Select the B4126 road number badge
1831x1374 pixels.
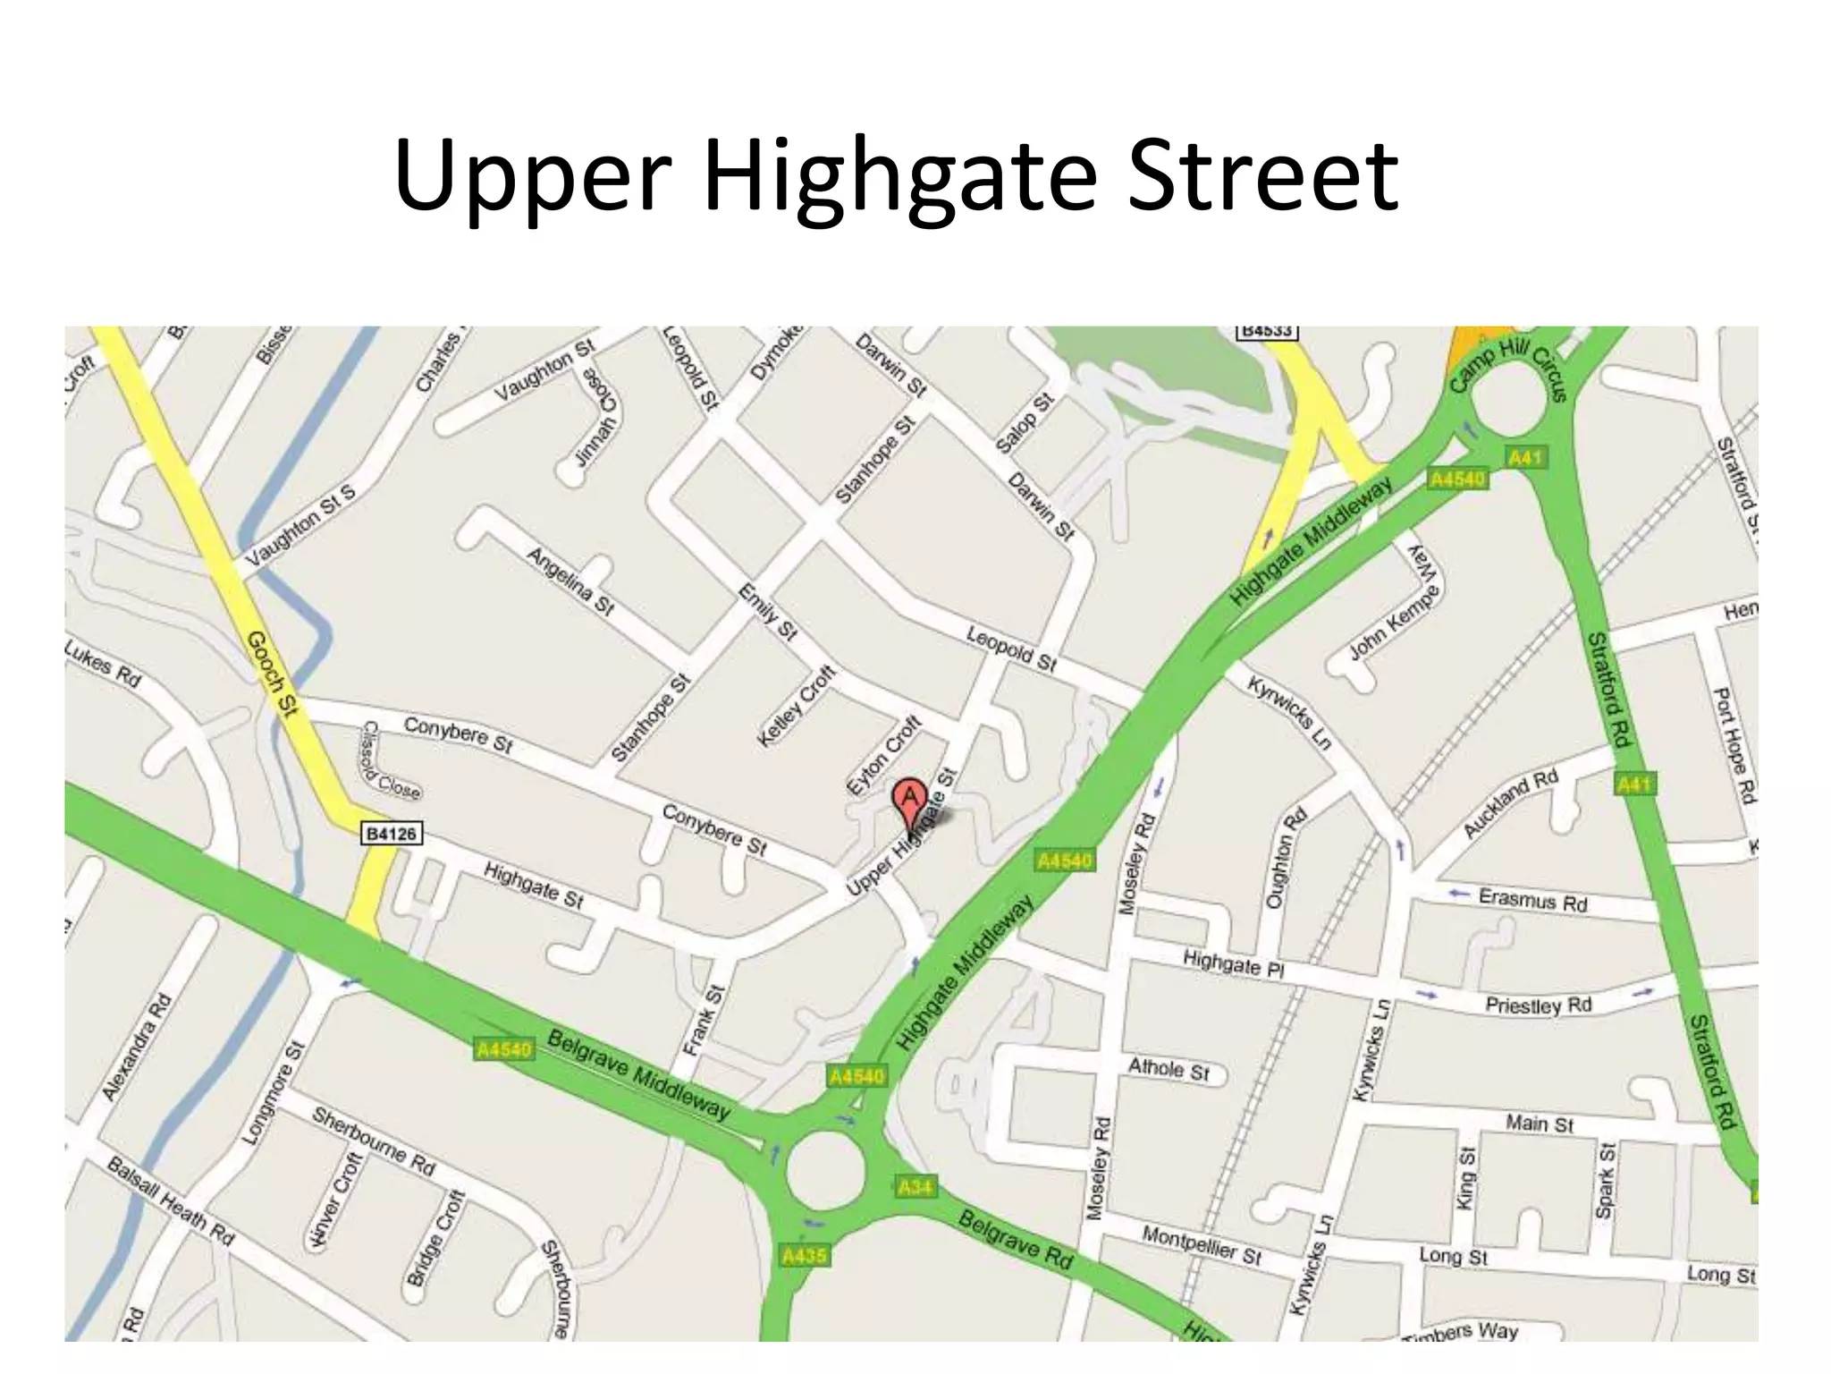click(x=392, y=834)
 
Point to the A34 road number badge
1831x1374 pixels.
click(x=915, y=1187)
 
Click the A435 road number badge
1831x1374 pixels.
click(x=804, y=1256)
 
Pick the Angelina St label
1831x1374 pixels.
click(x=570, y=581)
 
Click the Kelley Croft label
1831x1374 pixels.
click(x=796, y=706)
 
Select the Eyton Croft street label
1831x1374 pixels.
click(x=883, y=755)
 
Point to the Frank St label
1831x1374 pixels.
click(x=703, y=1019)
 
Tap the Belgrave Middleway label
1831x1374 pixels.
click(x=637, y=1074)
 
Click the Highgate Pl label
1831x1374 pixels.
click(x=1233, y=964)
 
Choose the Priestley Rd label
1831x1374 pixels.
click(x=1538, y=1005)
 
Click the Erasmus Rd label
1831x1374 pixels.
click(x=1532, y=900)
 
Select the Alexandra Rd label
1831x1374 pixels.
click(x=136, y=1047)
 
